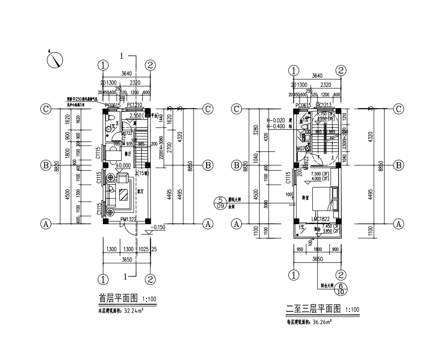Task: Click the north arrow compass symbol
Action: tap(56, 59)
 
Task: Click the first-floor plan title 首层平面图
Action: tap(117, 298)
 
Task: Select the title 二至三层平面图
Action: tap(313, 309)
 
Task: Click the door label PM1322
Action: tap(128, 219)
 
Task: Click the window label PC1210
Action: tap(134, 105)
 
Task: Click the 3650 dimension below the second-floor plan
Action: tap(318, 258)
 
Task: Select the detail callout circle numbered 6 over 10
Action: tap(340, 289)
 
